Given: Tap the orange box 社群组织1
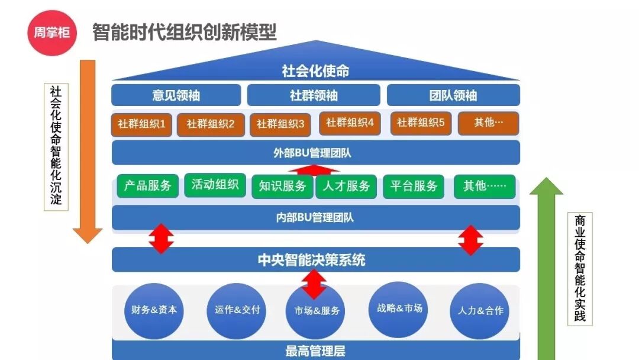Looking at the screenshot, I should [x=142, y=124].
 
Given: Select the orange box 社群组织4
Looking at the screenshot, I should [x=350, y=123].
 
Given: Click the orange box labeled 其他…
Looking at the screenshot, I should [x=489, y=123].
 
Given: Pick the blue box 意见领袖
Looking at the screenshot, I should [x=176, y=95].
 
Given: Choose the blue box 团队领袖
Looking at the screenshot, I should [x=453, y=95].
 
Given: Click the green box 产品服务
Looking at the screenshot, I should [x=147, y=186].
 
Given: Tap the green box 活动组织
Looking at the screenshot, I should [x=215, y=185].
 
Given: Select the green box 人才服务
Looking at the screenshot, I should [x=346, y=187].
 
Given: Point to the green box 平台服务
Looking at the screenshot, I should [x=414, y=186].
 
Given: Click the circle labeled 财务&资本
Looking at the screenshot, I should [x=154, y=311].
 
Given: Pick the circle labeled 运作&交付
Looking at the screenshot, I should [x=237, y=311].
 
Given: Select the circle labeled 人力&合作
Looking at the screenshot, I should [x=480, y=311].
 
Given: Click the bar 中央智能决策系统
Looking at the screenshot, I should [x=316, y=260].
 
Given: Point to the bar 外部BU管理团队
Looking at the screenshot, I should [x=316, y=153].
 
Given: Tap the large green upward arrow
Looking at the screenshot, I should [x=546, y=266].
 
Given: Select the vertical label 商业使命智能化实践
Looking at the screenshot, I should [x=580, y=268].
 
